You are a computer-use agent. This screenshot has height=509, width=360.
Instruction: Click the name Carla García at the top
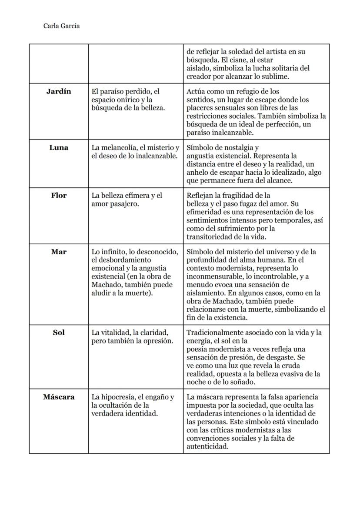61,26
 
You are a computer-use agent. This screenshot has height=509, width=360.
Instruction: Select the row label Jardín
59,92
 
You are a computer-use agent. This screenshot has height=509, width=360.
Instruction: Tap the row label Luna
59,148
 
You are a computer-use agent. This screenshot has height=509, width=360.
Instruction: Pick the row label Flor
59,196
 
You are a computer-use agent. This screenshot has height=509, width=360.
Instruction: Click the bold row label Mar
59,252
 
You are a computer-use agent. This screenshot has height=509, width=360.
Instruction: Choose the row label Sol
59,333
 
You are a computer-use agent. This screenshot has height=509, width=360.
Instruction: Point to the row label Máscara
59,397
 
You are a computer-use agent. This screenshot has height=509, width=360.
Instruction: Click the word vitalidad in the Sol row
115,333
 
